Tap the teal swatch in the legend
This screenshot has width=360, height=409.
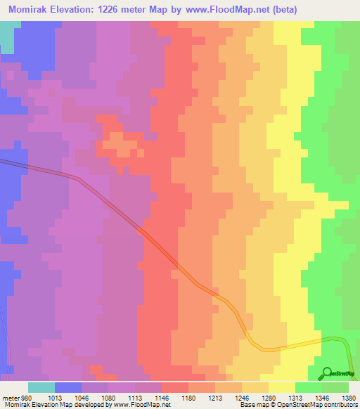click(x=41, y=387)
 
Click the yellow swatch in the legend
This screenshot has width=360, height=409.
click(x=282, y=387)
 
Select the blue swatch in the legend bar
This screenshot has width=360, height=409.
click(x=68, y=387)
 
